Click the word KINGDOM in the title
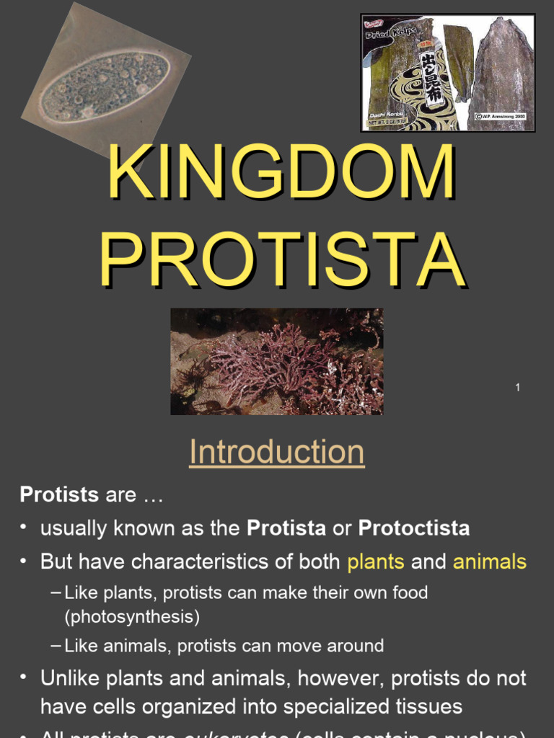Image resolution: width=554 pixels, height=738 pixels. point(281,174)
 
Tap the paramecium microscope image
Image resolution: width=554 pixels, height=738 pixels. point(105,86)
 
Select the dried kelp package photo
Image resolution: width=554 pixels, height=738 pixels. point(447,73)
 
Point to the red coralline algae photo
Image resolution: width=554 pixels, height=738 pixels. point(276,362)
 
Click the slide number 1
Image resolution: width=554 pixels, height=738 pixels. point(517,388)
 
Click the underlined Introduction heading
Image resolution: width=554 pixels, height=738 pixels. point(276,453)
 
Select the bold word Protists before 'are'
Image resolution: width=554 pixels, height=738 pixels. point(58,494)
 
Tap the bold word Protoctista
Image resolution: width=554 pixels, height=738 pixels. point(413,528)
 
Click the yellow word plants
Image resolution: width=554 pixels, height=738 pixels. point(375,562)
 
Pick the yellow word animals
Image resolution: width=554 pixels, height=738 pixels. point(489,562)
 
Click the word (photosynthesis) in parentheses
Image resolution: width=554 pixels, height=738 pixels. point(132,617)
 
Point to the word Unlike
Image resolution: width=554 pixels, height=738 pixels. point(71,677)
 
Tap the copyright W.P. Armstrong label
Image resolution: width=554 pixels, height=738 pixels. point(503,115)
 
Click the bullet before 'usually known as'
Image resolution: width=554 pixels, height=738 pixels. point(25,528)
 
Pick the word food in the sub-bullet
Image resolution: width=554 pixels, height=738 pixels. point(409,593)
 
